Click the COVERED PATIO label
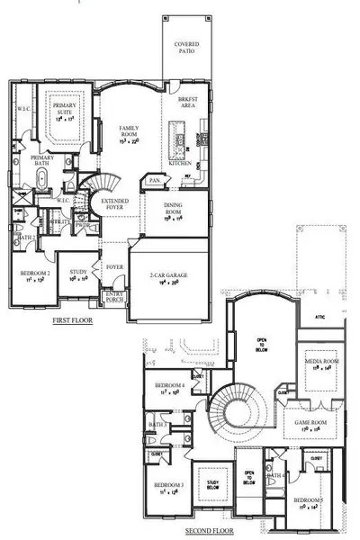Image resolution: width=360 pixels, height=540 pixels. coord(187,47)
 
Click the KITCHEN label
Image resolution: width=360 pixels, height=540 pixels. coord(180,163)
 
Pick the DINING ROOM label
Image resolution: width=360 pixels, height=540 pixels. coord(174,211)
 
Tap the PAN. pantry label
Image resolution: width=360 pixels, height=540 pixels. coord(154,181)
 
